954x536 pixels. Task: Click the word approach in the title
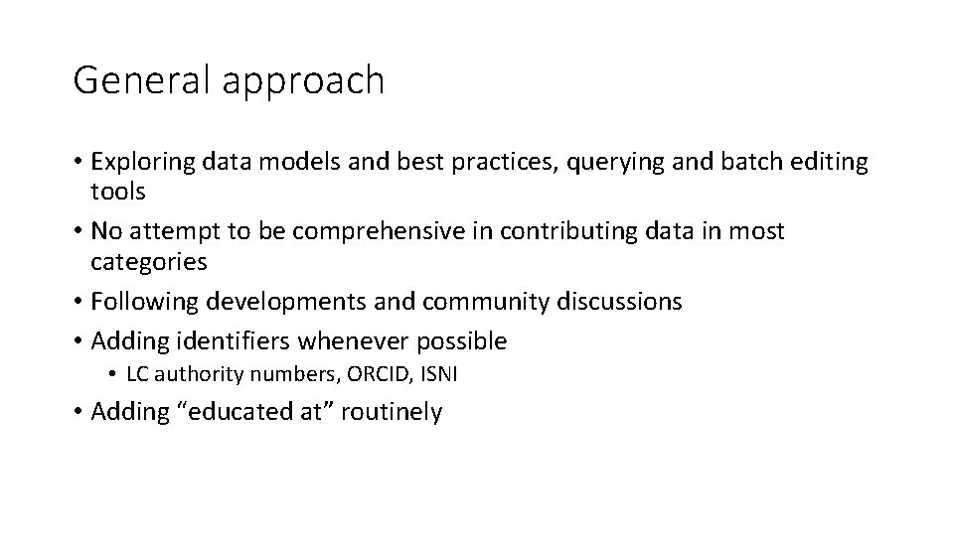tap(303, 82)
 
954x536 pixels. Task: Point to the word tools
tap(118, 192)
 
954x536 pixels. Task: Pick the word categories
tap(149, 262)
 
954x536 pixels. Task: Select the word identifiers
tap(237, 341)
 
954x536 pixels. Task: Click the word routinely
tap(392, 412)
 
